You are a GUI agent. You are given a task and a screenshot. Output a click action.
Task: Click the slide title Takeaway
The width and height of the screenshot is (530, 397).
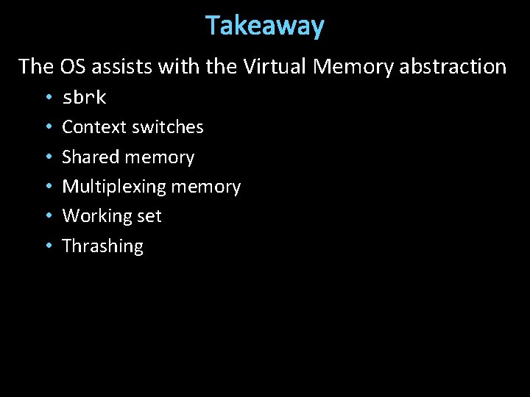(265, 26)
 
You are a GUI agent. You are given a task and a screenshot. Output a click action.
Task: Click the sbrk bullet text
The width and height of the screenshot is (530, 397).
(85, 97)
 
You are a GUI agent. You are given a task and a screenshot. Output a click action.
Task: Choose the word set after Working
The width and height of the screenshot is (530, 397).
(150, 216)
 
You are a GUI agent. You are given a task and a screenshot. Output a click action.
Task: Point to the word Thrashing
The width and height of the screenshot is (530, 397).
(102, 246)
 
